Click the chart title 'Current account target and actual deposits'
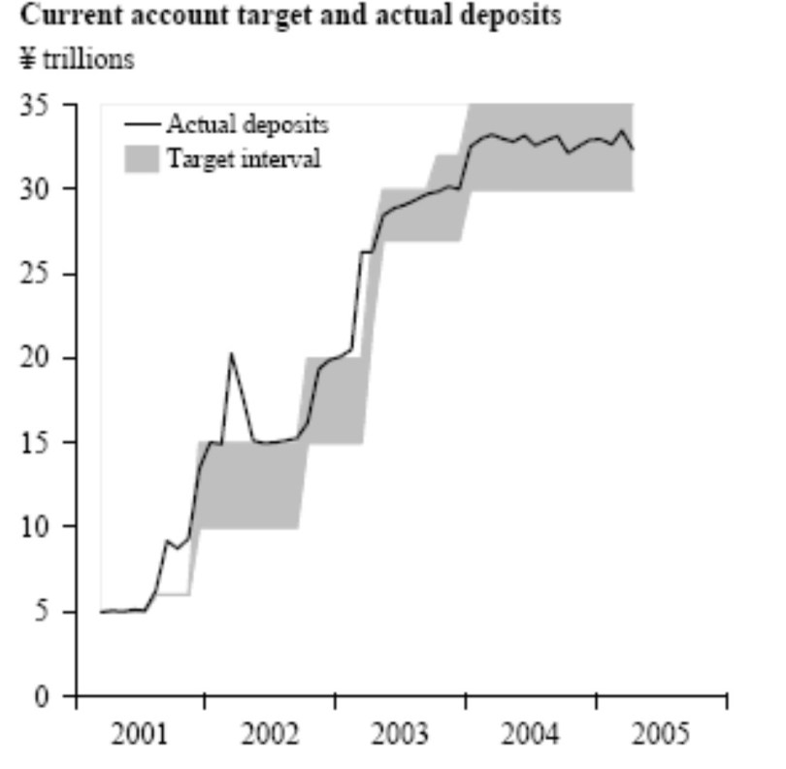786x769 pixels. coord(290,16)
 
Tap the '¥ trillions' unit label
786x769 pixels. coord(77,59)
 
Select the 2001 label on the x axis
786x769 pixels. coord(140,734)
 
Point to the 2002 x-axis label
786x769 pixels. coord(270,734)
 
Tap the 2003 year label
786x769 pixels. coord(400,734)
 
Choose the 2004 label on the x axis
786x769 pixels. coord(530,734)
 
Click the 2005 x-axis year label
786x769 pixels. coord(660,734)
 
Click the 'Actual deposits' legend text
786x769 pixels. coord(246,124)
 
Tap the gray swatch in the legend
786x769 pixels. coord(141,158)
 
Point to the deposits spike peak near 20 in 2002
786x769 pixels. coord(231,353)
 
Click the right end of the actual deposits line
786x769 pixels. coord(633,149)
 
